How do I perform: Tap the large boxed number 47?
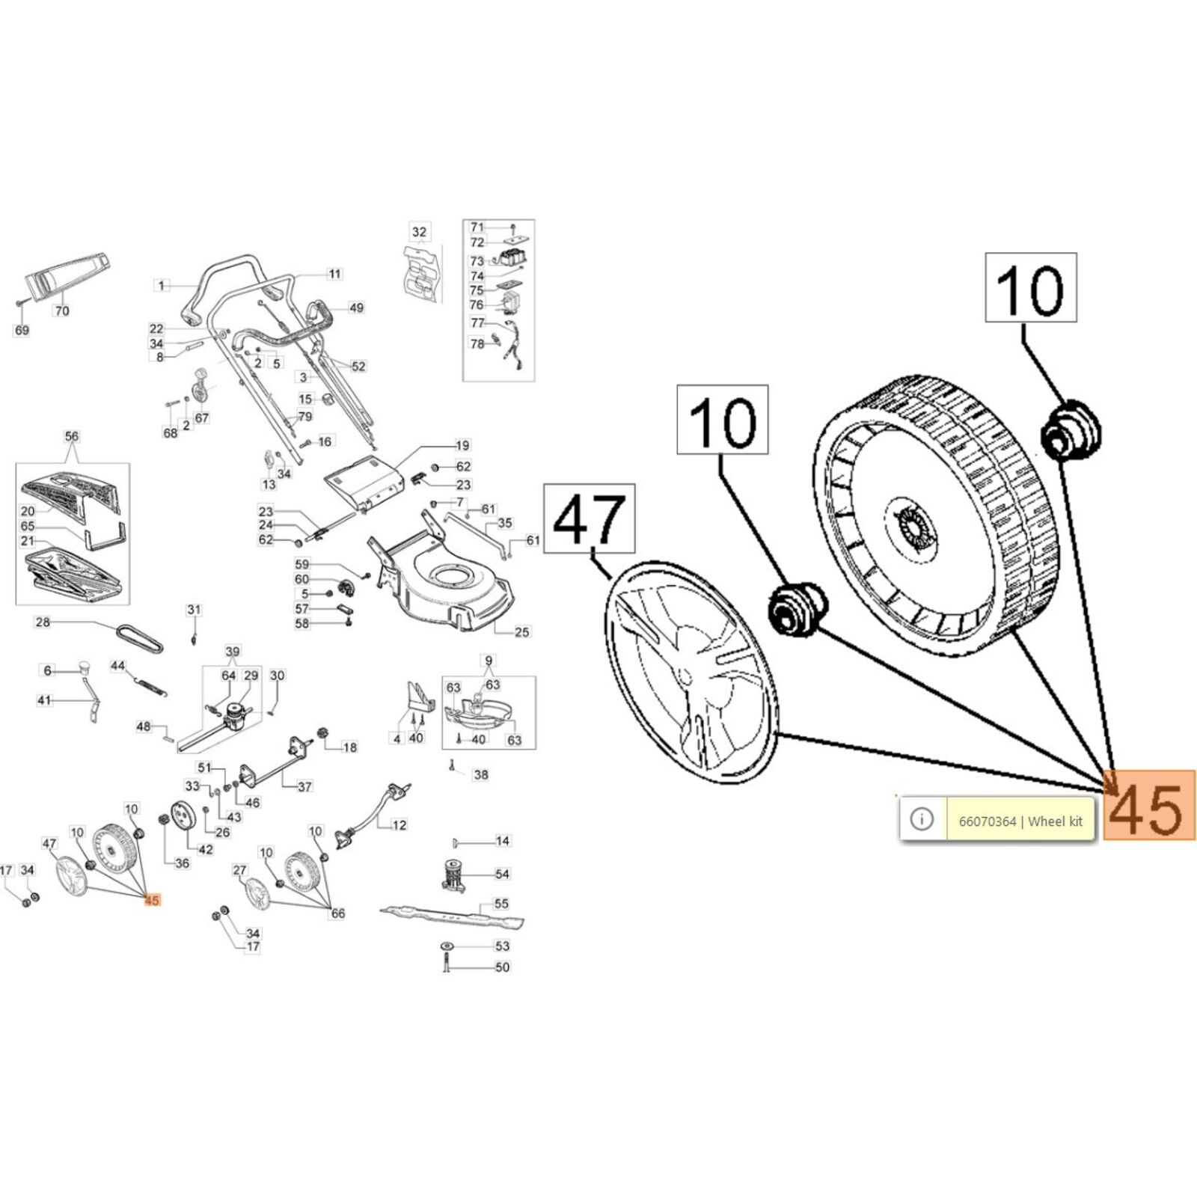click(x=589, y=518)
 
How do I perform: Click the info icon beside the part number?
click(x=922, y=819)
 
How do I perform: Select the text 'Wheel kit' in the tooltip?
click(x=1055, y=821)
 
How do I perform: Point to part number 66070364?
click(x=987, y=821)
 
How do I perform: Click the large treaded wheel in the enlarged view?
click(x=935, y=516)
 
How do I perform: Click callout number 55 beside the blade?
click(x=502, y=904)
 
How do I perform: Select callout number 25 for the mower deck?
click(x=521, y=632)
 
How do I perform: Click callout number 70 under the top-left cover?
click(x=62, y=310)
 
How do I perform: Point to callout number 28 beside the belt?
click(x=43, y=622)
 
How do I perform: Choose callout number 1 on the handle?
click(x=161, y=285)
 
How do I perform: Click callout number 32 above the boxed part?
click(x=419, y=232)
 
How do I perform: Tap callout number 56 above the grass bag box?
click(x=72, y=436)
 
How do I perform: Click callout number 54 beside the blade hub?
click(x=502, y=874)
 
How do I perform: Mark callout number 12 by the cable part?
click(x=399, y=825)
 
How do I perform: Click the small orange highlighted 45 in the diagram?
click(x=152, y=900)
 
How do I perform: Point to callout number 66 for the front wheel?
click(x=338, y=913)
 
